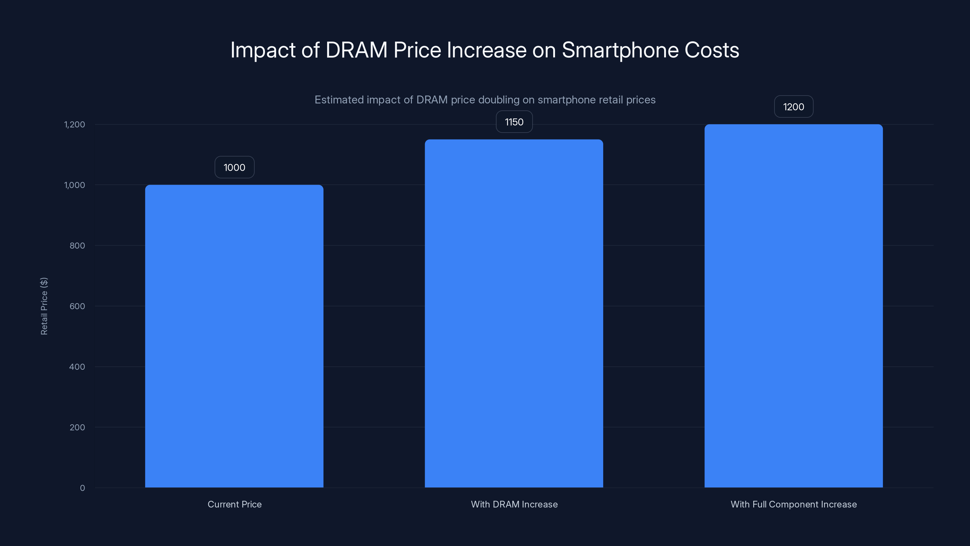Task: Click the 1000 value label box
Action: click(234, 167)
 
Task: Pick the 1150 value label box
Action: click(514, 122)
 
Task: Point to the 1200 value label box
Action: click(793, 107)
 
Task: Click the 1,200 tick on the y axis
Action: click(75, 124)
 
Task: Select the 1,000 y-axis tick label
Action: click(75, 185)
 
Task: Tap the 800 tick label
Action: click(77, 246)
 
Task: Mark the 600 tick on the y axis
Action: click(77, 306)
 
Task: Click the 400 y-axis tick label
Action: click(77, 367)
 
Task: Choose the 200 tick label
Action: click(77, 427)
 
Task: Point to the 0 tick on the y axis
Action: click(82, 488)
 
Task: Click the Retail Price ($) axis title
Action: click(44, 306)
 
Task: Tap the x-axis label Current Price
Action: click(234, 504)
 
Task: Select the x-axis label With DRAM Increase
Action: click(514, 504)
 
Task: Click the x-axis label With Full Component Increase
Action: click(793, 504)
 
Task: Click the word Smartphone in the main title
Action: click(620, 50)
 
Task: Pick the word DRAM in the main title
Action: click(356, 50)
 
